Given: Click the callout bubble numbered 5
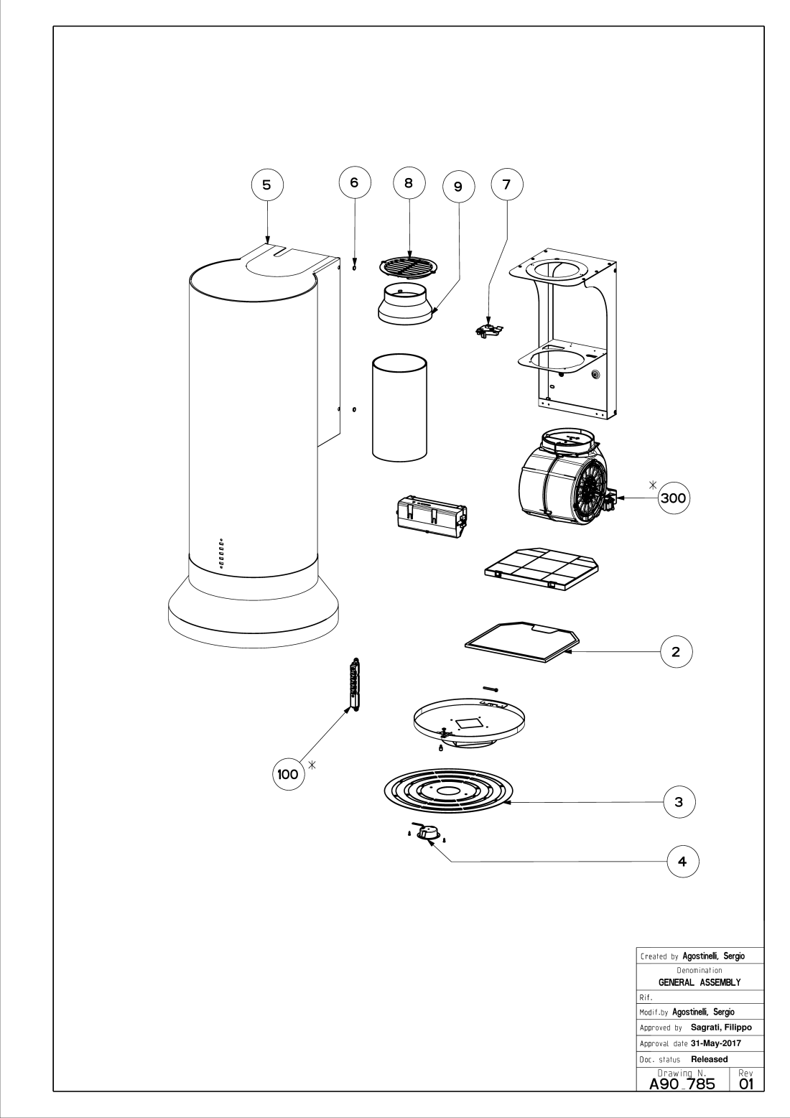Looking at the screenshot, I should pyautogui.click(x=266, y=185).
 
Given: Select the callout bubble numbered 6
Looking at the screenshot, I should pyautogui.click(x=353, y=182).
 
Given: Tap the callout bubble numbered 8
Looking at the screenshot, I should pyautogui.click(x=409, y=182).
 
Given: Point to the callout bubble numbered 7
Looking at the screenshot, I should pyautogui.click(x=506, y=185).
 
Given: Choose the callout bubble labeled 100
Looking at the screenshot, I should pyautogui.click(x=288, y=774).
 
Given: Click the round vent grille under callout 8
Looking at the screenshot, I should pyautogui.click(x=409, y=268).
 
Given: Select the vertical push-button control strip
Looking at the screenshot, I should pyautogui.click(x=353, y=686).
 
